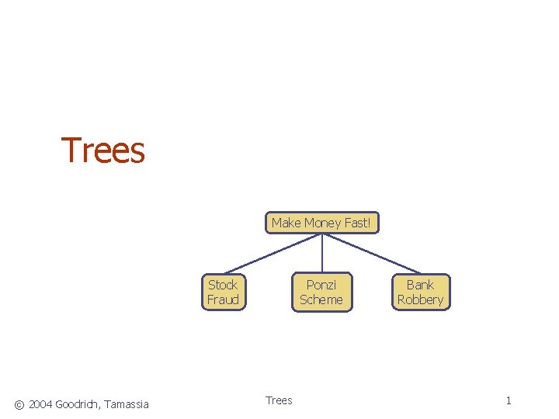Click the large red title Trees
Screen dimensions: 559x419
click(103, 151)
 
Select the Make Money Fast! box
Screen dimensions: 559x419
click(321, 223)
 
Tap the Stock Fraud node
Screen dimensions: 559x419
click(223, 293)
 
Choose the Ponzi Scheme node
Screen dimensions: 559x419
click(321, 293)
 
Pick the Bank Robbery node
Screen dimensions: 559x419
click(420, 293)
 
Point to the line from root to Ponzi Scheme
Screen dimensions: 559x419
click(321, 253)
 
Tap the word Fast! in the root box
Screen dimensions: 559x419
click(357, 223)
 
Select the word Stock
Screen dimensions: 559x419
click(223, 285)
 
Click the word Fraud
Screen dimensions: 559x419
click(223, 300)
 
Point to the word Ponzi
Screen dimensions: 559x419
click(321, 285)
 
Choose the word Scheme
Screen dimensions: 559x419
click(321, 300)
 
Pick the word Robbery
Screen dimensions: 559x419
click(420, 300)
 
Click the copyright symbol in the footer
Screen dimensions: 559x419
click(19, 403)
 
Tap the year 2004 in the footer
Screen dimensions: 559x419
click(40, 403)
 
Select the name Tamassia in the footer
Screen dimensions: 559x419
click(127, 403)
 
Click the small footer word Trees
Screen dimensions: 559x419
click(279, 400)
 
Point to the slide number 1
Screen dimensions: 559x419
click(509, 400)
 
